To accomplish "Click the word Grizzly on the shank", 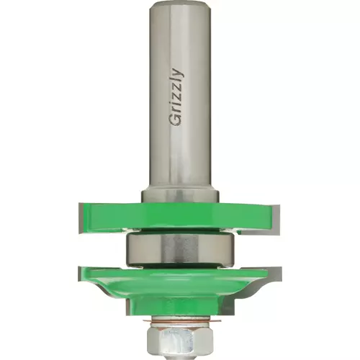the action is (177, 97).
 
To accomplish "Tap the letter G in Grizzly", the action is (176, 120).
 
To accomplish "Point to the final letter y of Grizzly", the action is (178, 73).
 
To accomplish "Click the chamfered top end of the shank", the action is (180, 5).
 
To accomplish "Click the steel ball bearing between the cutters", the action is (180, 251).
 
